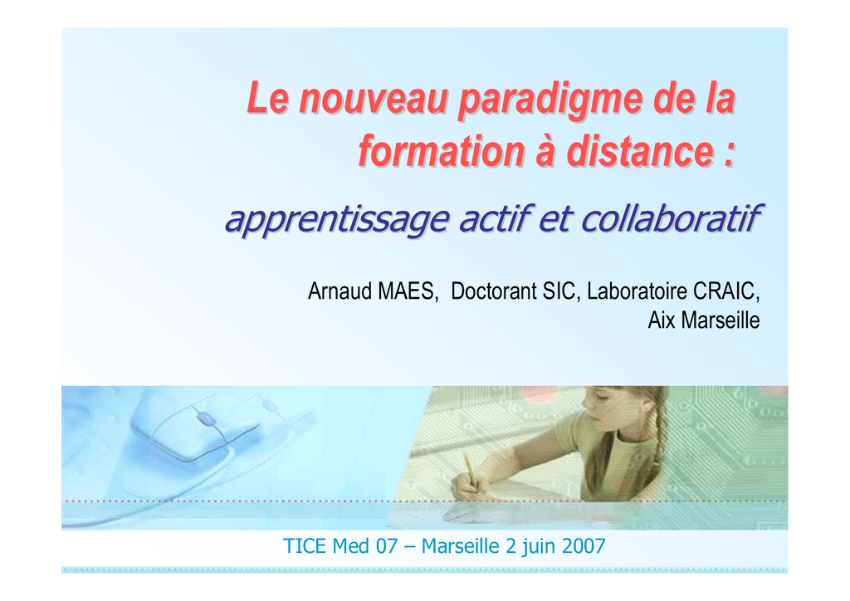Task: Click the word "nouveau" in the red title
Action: (374, 99)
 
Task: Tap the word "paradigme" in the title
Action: (550, 100)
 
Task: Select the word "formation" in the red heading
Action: (442, 151)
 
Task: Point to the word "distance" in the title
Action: (640, 151)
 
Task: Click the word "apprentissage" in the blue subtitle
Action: (337, 219)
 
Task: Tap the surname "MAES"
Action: (407, 291)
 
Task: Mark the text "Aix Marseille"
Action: (704, 320)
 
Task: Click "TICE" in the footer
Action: (305, 546)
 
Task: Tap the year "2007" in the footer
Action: (584, 546)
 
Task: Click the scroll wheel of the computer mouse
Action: (206, 418)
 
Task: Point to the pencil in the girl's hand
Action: (470, 471)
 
